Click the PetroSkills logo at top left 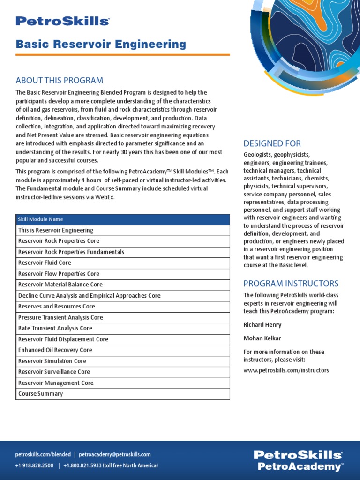pyautogui.click(x=62, y=21)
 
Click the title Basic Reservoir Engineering pyautogui.click(x=101, y=45)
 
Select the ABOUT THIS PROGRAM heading pyautogui.click(x=60, y=80)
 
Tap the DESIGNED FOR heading pyautogui.click(x=272, y=143)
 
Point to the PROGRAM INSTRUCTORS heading pyautogui.click(x=291, y=284)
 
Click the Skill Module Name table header pyautogui.click(x=40, y=219)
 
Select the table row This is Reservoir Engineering pyautogui.click(x=56, y=230)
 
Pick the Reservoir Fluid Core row pyautogui.click(x=45, y=263)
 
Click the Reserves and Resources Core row pyautogui.click(x=56, y=307)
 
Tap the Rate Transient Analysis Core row pyautogui.click(x=55, y=328)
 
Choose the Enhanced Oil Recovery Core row pyautogui.click(x=55, y=350)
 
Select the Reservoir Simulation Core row pyautogui.click(x=52, y=361)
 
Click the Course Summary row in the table pyautogui.click(x=40, y=394)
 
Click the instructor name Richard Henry pyautogui.click(x=262, y=325)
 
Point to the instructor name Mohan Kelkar pyautogui.click(x=262, y=338)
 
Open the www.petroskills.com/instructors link pyautogui.click(x=286, y=370)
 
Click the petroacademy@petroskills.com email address pyautogui.click(x=115, y=454)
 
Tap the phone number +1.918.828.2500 pyautogui.click(x=34, y=465)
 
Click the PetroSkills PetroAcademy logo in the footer pyautogui.click(x=298, y=460)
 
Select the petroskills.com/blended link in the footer pyautogui.click(x=43, y=454)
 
